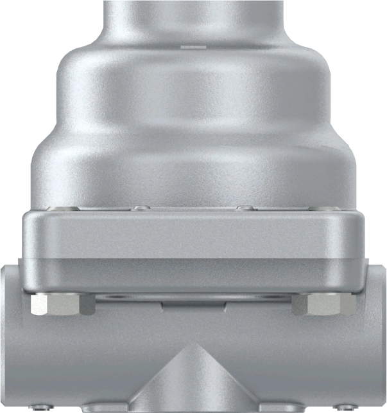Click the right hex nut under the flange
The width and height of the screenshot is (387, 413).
coord(328,305)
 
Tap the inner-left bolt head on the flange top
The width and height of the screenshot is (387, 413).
coord(140,208)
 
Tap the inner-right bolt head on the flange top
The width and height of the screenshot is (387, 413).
coord(244,208)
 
